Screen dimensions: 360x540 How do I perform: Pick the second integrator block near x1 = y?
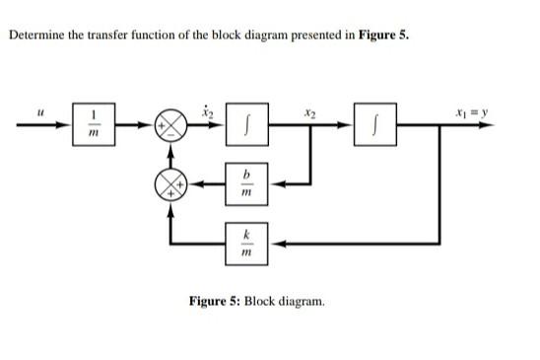378,129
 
